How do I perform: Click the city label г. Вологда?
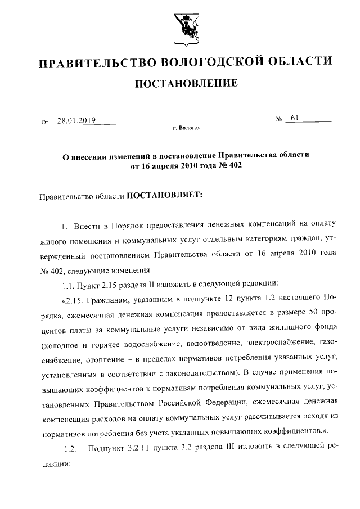[186, 128]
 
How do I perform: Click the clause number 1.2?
[70, 448]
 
